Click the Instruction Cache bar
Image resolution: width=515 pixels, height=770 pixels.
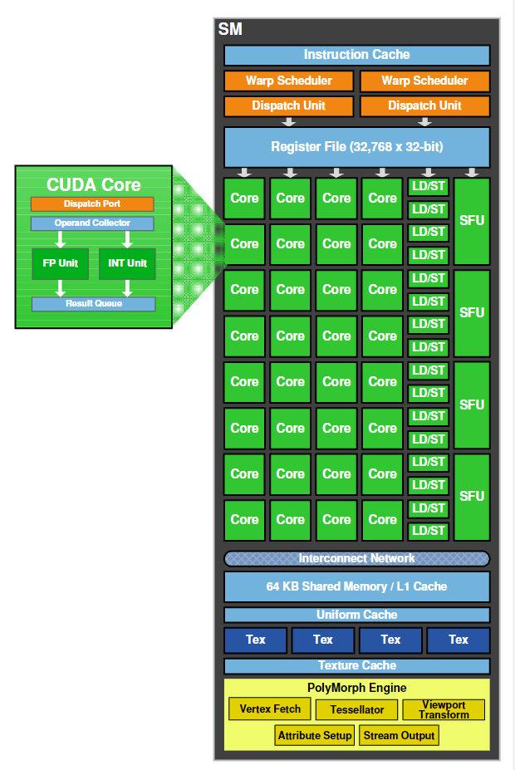click(x=356, y=55)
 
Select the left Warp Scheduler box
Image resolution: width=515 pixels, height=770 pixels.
click(x=288, y=81)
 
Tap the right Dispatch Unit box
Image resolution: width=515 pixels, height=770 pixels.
click(x=424, y=106)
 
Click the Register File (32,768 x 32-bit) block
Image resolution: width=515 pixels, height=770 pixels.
click(x=356, y=147)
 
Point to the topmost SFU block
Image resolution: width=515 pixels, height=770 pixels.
click(x=472, y=220)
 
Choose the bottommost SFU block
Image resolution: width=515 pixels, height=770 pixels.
click(x=472, y=496)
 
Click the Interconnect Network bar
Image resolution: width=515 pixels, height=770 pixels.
click(x=356, y=558)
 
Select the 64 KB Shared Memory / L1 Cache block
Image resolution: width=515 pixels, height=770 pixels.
click(x=356, y=586)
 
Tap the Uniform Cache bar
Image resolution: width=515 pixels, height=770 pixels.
click(x=356, y=615)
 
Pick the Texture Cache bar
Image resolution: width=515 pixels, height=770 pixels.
click(x=356, y=665)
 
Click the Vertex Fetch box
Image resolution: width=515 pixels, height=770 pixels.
click(x=270, y=709)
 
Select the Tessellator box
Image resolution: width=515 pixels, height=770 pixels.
click(x=356, y=710)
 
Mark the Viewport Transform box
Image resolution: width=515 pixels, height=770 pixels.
click(x=444, y=710)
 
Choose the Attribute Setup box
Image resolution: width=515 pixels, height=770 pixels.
click(x=315, y=736)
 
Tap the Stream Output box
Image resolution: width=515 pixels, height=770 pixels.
click(x=400, y=736)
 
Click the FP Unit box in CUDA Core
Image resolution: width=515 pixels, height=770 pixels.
click(x=59, y=263)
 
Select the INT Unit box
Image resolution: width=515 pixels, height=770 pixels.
click(x=127, y=263)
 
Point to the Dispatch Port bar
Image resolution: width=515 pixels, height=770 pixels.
click(x=92, y=204)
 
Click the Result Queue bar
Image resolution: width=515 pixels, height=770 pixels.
click(x=93, y=304)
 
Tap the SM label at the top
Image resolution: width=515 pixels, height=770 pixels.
click(x=230, y=30)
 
